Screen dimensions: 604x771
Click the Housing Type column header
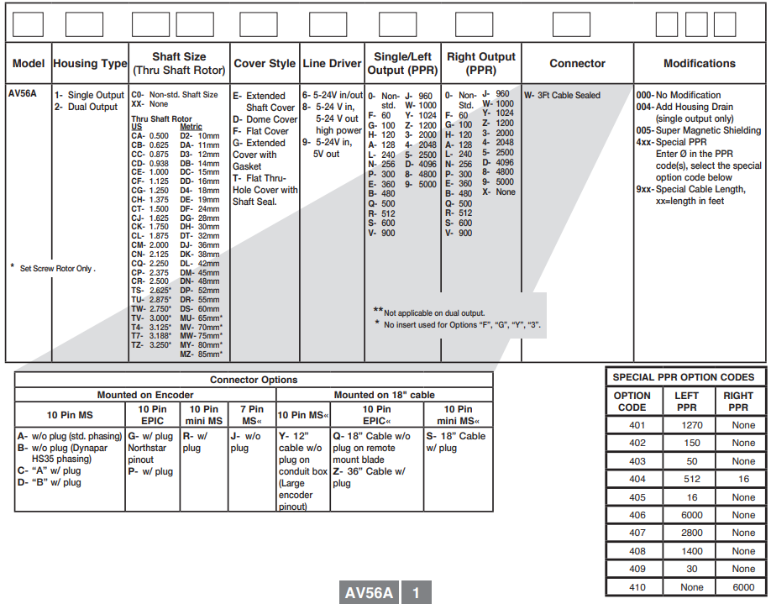90,63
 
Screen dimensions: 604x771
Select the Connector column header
577,63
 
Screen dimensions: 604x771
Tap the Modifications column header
699,63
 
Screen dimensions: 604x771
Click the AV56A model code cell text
23,95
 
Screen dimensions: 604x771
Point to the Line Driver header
332,63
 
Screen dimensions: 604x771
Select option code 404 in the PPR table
637,479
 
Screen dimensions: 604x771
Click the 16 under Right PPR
743,479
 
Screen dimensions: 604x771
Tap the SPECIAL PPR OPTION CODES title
684,377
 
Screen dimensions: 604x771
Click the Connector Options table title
254,380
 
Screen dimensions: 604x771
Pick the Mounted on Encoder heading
145,395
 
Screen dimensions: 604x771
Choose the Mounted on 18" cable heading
385,395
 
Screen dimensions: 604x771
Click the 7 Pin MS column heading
251,415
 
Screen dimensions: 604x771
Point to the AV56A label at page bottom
369,592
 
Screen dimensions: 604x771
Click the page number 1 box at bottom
416,592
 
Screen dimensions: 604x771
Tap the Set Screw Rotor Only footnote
55,269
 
